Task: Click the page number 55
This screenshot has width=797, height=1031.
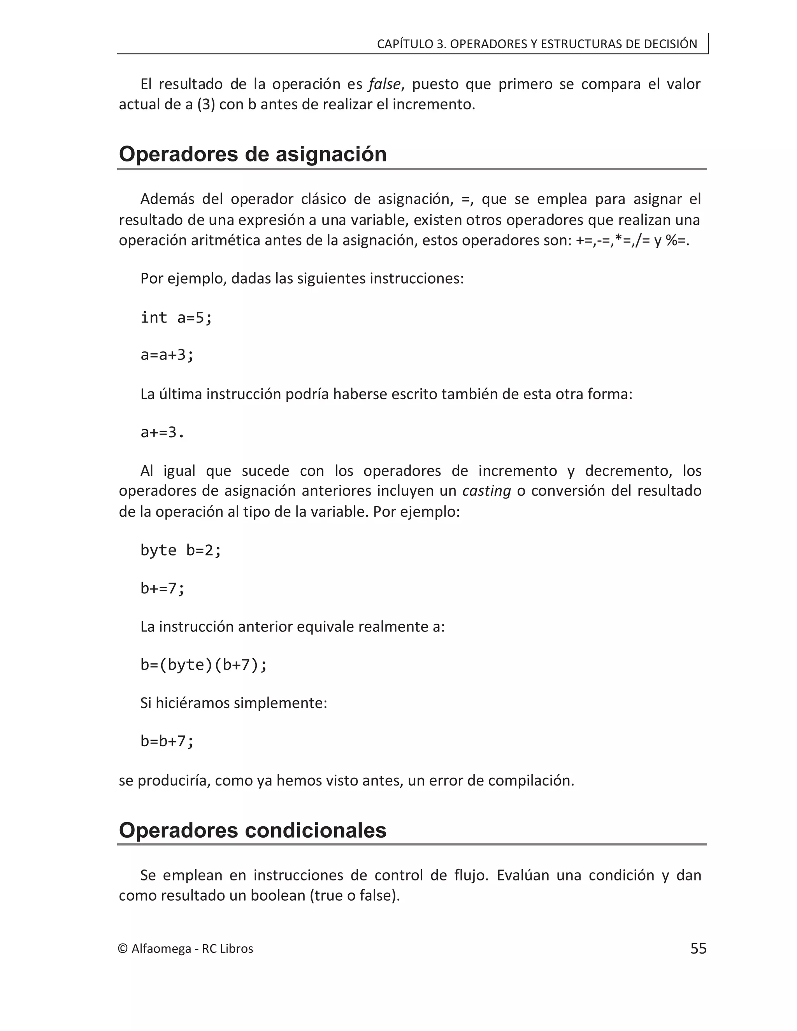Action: point(698,949)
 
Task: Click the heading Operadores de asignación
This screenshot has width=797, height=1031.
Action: point(253,154)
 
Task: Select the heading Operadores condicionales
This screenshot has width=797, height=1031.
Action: point(253,830)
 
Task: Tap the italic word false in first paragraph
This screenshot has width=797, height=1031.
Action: point(384,84)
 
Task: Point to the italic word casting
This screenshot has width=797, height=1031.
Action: point(486,491)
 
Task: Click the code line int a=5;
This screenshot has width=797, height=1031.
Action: point(177,318)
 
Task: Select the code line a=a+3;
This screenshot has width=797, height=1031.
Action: point(167,354)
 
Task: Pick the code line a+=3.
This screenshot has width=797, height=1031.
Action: point(162,432)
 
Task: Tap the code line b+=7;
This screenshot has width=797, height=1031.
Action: point(162,588)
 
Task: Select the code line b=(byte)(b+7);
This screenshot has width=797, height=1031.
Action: point(204,665)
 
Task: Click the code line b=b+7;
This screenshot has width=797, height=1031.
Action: point(167,741)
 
